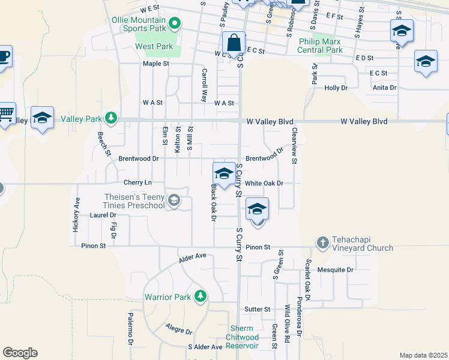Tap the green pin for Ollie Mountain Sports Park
coord(175,24)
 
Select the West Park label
coord(154,46)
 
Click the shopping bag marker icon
coord(234,43)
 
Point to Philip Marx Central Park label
coord(320,46)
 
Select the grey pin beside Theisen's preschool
coord(174,200)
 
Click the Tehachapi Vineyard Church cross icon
coord(323,242)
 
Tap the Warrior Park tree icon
coord(200,296)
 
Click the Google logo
coord(20,353)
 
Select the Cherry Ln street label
coord(136,182)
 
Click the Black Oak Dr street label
coord(213,202)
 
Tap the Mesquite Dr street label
coord(336,270)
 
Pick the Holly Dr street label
coord(336,88)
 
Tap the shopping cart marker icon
coord(5,113)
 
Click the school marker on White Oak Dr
coord(223,174)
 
